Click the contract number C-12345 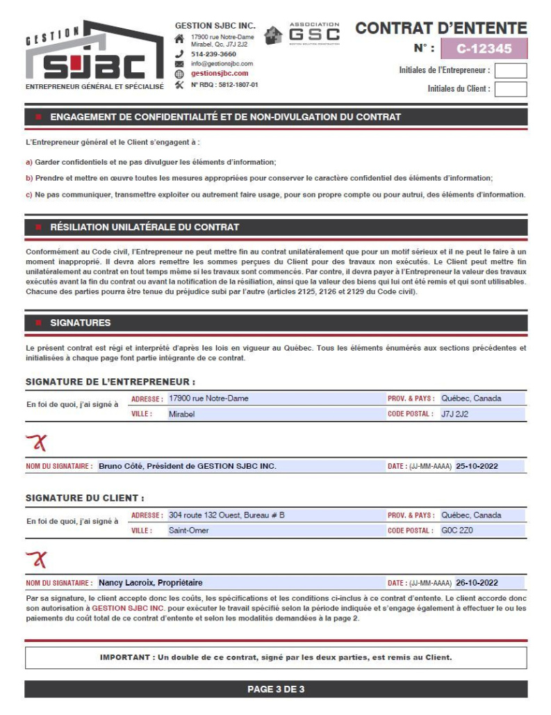tap(484, 49)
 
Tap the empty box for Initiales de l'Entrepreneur tap(510, 70)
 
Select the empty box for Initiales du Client tap(510, 89)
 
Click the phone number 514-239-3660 tap(213, 54)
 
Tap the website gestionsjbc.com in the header tap(220, 73)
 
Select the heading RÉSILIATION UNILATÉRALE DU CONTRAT tap(145, 227)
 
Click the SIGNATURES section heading tap(80, 323)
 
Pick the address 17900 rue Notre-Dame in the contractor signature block tap(208, 399)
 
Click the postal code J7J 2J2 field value tap(456, 414)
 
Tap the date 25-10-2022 tap(477, 466)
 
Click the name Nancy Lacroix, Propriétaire tap(150, 583)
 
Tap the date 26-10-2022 tap(477, 583)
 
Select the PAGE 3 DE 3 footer tap(276, 689)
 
